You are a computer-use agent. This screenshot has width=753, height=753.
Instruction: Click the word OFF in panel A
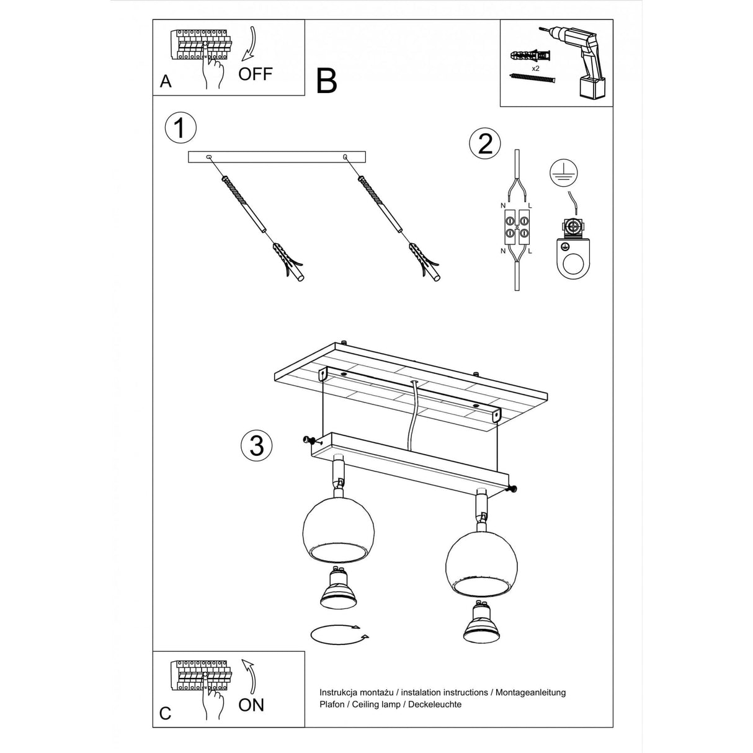pyautogui.click(x=255, y=74)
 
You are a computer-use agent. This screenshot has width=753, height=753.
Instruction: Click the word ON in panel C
pyautogui.click(x=251, y=705)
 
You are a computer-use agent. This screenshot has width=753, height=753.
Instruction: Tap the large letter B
pyautogui.click(x=326, y=81)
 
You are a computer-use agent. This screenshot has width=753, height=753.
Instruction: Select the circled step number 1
pyautogui.click(x=180, y=128)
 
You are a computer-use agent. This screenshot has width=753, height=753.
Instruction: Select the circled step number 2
pyautogui.click(x=485, y=143)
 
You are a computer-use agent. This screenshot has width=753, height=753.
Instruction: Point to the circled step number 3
pyautogui.click(x=256, y=445)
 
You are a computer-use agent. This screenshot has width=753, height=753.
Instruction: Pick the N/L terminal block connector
pyautogui.click(x=517, y=227)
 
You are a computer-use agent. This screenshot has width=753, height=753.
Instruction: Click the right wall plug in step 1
pyautogui.click(x=425, y=262)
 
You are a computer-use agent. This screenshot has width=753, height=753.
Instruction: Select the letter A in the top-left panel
pyautogui.click(x=165, y=82)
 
